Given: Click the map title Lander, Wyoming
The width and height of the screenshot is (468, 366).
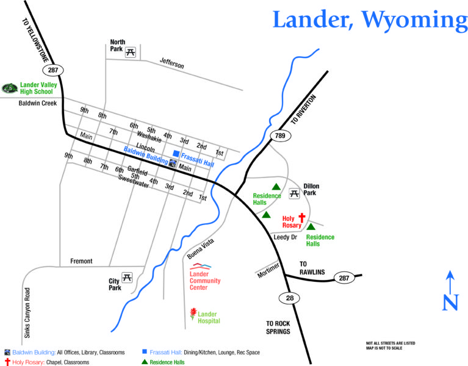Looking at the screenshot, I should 370,20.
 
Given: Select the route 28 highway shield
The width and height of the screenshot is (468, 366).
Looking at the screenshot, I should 287,298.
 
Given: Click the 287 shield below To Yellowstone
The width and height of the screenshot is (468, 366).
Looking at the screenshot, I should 49,71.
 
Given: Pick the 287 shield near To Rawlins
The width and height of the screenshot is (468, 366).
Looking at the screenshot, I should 344,278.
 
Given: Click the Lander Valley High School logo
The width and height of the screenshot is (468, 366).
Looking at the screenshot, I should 10,88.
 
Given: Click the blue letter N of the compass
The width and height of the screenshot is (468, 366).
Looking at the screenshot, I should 450,302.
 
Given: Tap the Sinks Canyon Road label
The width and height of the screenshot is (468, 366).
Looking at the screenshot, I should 27,318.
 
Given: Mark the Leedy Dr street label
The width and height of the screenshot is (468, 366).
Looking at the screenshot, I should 285,237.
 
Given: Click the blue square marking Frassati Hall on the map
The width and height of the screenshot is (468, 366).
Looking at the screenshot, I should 176,153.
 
